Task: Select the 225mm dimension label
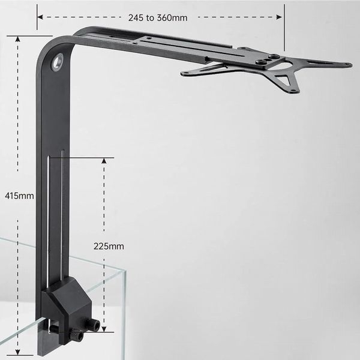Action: click(x=109, y=245)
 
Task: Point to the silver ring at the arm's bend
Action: click(x=58, y=61)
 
